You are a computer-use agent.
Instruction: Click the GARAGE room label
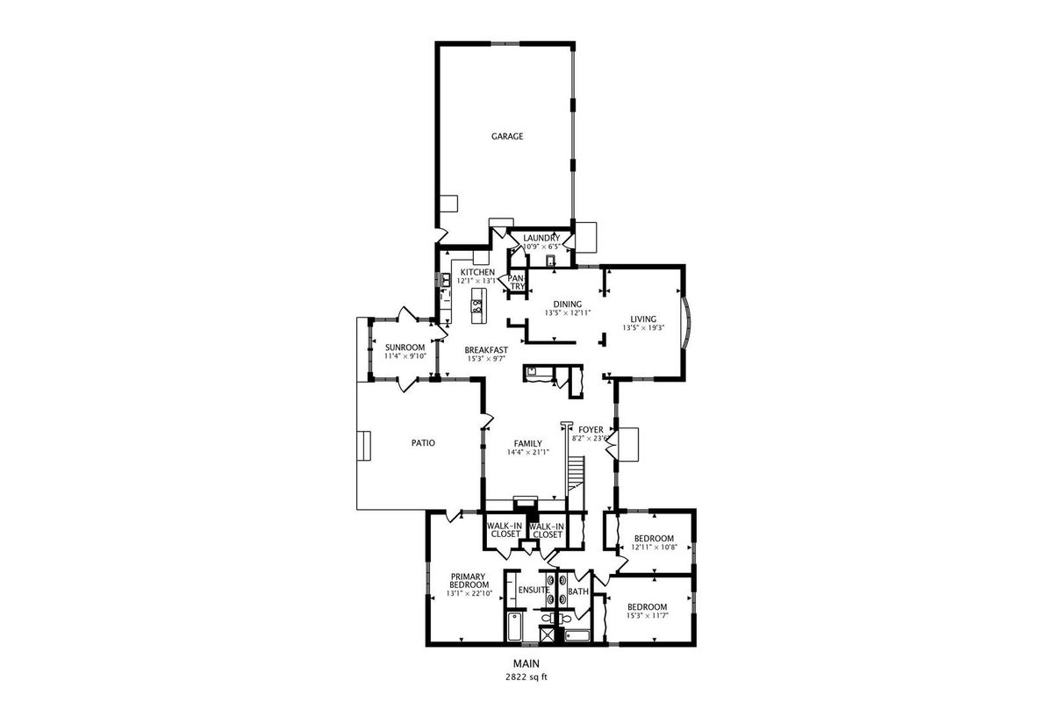(507, 136)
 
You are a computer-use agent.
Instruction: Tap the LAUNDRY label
(541, 238)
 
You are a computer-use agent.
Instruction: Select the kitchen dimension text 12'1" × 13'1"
(476, 281)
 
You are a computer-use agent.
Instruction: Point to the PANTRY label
(517, 283)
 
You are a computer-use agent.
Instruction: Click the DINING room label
(568, 304)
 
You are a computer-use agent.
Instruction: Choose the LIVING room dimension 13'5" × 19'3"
(643, 327)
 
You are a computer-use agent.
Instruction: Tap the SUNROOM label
(405, 347)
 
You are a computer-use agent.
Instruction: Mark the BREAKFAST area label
(486, 350)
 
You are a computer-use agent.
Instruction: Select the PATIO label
(423, 443)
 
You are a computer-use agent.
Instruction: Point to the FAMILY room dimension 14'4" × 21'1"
(528, 452)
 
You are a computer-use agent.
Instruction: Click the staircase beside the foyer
(577, 474)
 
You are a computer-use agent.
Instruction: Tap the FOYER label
(591, 430)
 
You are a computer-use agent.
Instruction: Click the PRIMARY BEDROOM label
(469, 581)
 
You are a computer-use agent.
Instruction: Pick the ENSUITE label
(534, 590)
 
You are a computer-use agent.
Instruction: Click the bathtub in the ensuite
(514, 627)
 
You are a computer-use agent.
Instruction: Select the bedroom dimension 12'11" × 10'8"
(654, 547)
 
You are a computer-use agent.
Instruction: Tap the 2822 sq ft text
(526, 677)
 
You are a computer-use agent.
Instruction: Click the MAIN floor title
(526, 663)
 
